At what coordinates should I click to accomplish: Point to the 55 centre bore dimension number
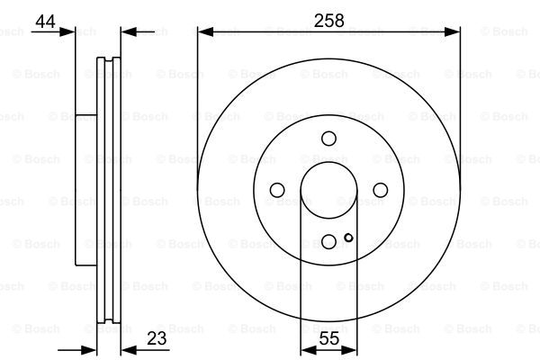(x=328, y=339)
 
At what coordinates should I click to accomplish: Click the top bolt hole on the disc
(x=328, y=138)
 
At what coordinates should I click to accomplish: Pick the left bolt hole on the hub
(x=277, y=189)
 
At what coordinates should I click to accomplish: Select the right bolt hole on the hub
(x=380, y=189)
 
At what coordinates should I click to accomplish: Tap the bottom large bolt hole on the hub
(x=328, y=240)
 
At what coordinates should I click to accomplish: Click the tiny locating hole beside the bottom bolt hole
(x=348, y=238)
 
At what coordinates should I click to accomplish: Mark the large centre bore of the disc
(x=328, y=189)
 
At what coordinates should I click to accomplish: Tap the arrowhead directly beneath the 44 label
(x=68, y=32)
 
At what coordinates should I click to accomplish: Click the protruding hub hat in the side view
(x=85, y=189)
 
